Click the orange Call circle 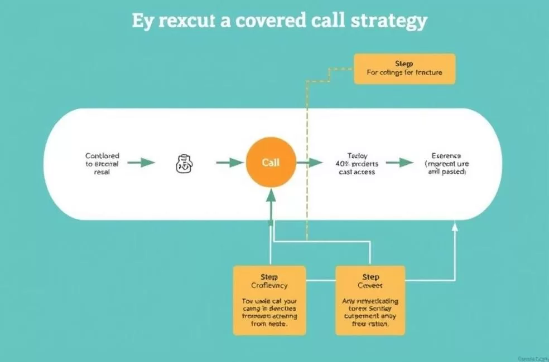click(271, 163)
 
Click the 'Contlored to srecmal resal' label click(102, 164)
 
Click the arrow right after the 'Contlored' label click(141, 163)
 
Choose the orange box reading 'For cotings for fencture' click(404, 69)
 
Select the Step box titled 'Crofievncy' click(269, 300)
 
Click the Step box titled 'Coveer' click(370, 300)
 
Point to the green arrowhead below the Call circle click(271, 195)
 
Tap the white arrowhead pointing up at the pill click(455, 225)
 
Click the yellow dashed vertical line click(306, 167)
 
